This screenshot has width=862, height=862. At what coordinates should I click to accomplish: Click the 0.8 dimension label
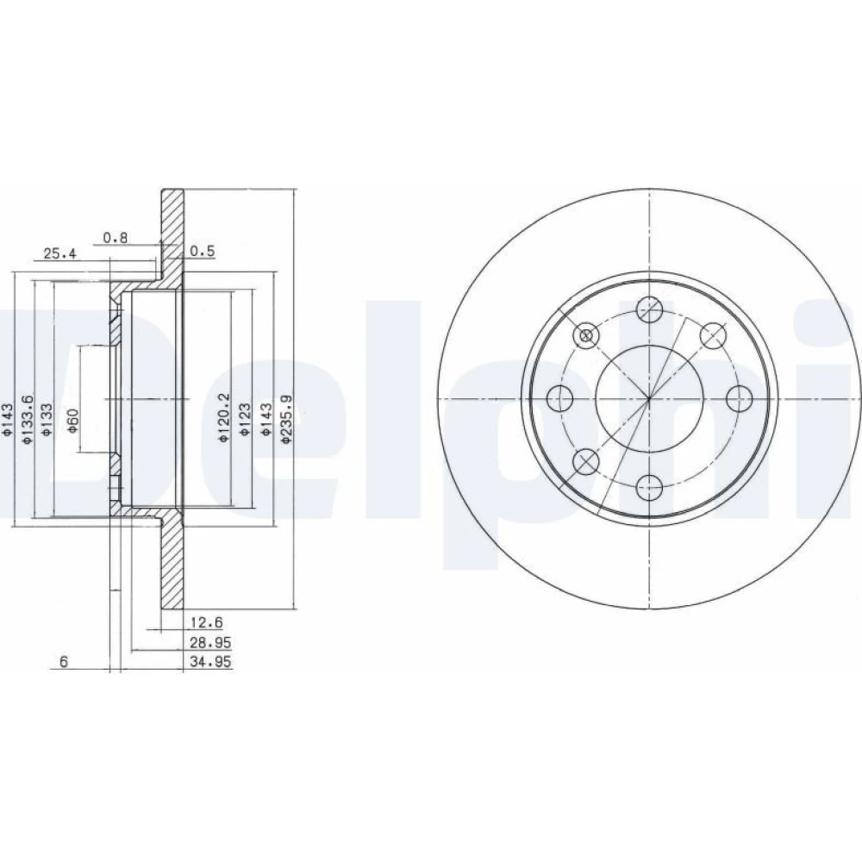(116, 238)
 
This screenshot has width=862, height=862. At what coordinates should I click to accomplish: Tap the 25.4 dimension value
(60, 253)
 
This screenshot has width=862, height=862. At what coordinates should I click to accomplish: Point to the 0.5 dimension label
(203, 251)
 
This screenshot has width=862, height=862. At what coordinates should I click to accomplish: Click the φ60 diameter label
(73, 421)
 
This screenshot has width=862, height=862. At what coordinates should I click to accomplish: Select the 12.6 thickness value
(207, 622)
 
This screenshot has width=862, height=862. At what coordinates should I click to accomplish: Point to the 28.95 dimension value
(210, 642)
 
